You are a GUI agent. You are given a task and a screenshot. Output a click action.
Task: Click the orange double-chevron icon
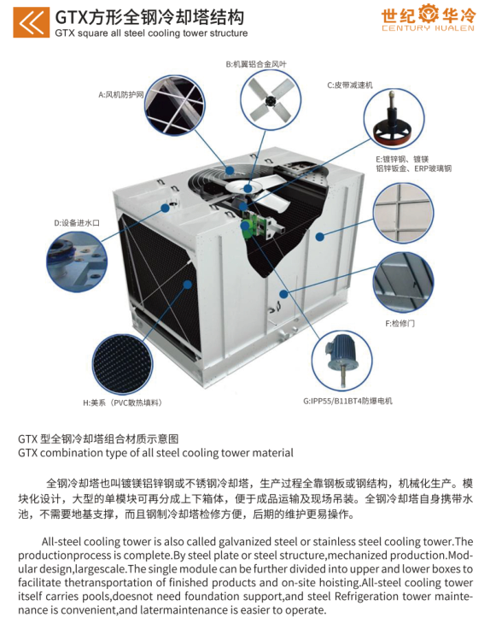[x=32, y=22]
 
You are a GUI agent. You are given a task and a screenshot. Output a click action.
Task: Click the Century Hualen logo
[x=428, y=18]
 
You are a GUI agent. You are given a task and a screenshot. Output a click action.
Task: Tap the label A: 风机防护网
[x=120, y=95]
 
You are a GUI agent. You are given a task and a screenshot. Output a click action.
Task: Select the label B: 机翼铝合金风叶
[x=256, y=64]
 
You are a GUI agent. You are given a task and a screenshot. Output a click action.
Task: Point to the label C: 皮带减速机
[x=350, y=85]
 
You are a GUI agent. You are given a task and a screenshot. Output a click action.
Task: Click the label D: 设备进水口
[x=77, y=223]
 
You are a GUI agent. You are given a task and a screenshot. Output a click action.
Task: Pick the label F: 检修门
[x=400, y=323]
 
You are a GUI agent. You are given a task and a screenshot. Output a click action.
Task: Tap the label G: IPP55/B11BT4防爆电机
[x=347, y=401]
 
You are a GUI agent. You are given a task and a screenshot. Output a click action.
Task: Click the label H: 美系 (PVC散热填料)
[x=123, y=403]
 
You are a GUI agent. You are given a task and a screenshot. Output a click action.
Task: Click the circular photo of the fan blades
[x=271, y=101]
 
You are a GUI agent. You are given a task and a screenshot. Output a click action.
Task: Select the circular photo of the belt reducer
[x=394, y=119]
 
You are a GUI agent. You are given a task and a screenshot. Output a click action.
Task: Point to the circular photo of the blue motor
[x=341, y=361]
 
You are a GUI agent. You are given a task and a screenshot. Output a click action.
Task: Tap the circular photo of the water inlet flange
[x=77, y=262]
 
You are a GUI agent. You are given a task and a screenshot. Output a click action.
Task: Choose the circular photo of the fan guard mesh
[x=174, y=105]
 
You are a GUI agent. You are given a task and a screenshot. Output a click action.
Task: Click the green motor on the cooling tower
[x=248, y=229]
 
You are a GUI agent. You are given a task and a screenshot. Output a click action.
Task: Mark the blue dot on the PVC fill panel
[x=188, y=285]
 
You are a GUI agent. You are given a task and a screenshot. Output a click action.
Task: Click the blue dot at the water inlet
[x=165, y=208]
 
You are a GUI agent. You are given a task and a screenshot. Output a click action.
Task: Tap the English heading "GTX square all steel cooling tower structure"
[x=151, y=32]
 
